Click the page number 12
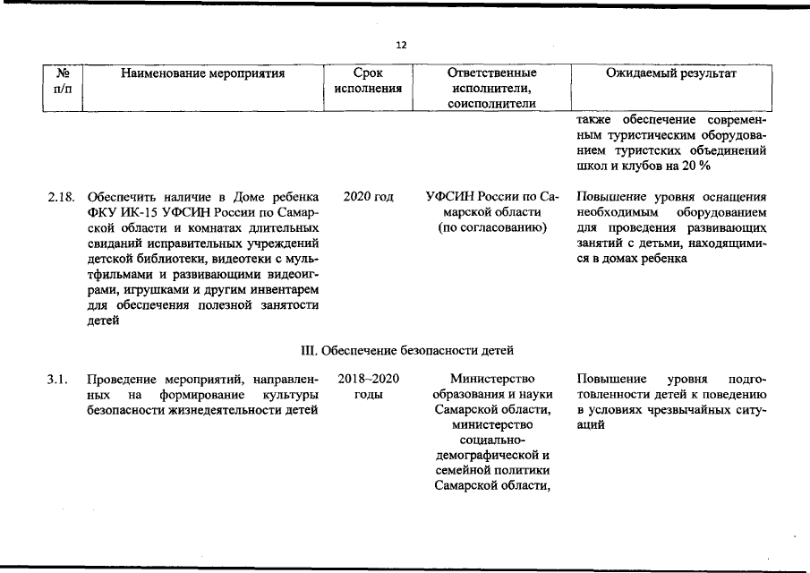[402, 46]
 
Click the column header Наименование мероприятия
[202, 73]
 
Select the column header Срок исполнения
[368, 81]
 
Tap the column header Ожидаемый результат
[671, 73]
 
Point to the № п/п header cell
[63, 81]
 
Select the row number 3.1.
[57, 380]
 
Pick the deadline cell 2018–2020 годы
[368, 387]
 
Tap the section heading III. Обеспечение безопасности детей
[405, 348]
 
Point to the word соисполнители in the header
[491, 105]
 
